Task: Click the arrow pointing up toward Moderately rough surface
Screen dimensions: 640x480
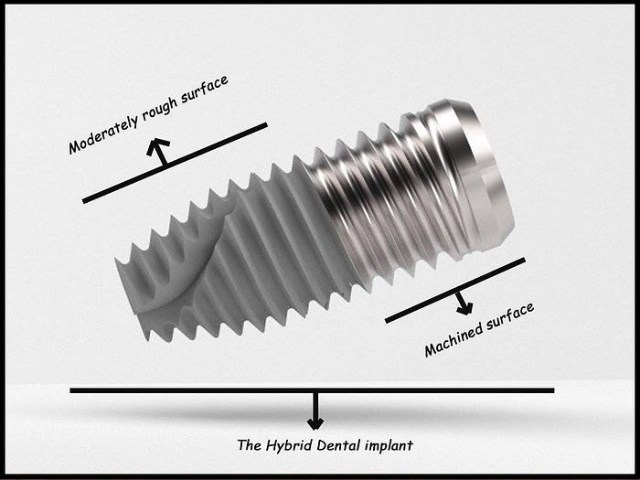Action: click(162, 152)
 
